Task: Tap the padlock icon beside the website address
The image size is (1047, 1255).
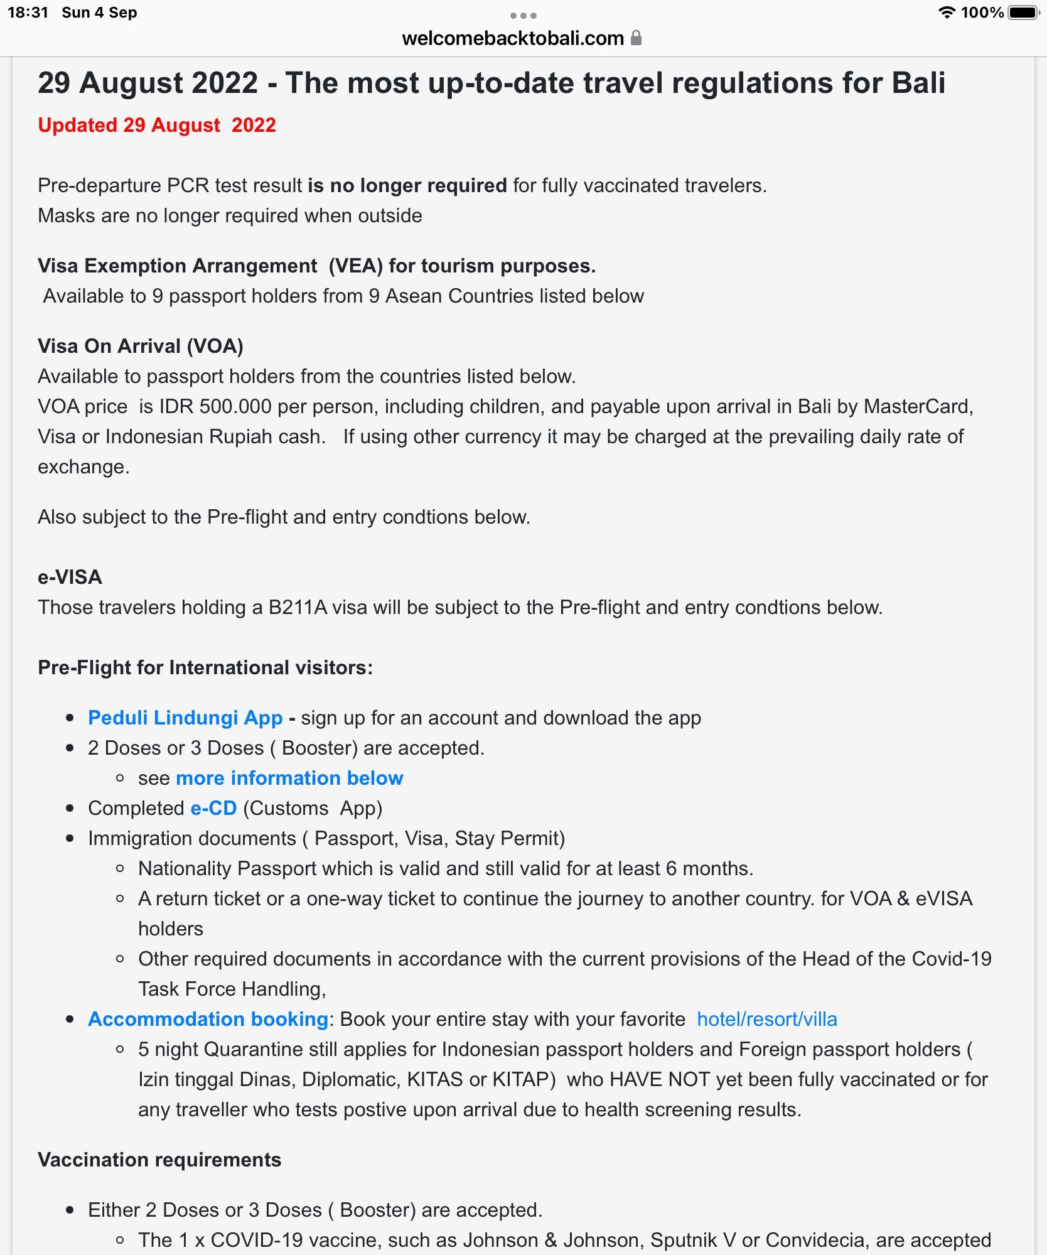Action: click(636, 38)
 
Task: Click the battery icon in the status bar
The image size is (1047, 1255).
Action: click(1023, 13)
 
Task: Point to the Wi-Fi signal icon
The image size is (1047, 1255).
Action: click(946, 13)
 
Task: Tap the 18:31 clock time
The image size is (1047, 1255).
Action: click(28, 13)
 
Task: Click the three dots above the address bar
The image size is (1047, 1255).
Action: click(523, 16)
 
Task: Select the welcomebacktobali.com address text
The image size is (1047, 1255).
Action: click(512, 38)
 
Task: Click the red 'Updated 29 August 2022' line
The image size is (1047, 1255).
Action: click(157, 125)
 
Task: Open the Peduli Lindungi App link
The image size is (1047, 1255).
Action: click(185, 718)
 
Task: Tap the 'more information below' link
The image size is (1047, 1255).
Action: click(289, 778)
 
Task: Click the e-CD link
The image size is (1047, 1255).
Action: click(213, 808)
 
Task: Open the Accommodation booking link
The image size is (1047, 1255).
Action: click(208, 1019)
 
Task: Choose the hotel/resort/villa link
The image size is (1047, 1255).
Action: click(767, 1019)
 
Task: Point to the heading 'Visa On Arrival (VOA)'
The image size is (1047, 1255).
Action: click(141, 346)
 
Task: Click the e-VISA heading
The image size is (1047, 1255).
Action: click(70, 577)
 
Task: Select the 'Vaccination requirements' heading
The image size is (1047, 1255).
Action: click(159, 1160)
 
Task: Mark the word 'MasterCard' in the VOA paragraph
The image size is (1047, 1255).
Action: click(918, 406)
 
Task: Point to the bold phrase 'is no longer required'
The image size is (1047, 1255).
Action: click(407, 185)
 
